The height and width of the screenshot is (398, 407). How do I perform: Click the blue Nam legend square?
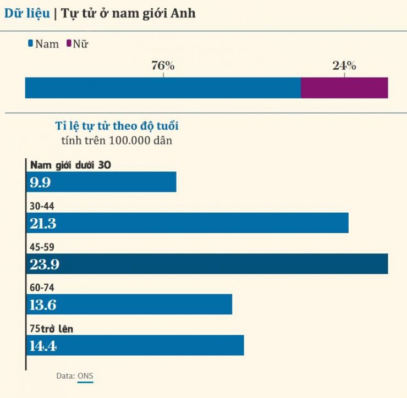pos(30,43)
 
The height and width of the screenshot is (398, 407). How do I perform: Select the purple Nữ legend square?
pos(68,43)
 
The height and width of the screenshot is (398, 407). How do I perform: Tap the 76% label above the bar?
pos(163,66)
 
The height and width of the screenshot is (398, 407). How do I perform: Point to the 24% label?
pos(344,66)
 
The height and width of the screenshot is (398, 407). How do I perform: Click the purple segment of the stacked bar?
pos(344,88)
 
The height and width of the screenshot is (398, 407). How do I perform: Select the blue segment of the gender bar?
pos(163,88)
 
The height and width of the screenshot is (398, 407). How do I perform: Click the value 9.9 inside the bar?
pos(40,183)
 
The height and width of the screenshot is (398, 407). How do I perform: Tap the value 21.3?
pos(43,223)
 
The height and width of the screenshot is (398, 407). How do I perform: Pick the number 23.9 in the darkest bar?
pos(44,264)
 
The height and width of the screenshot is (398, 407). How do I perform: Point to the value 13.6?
pos(43,305)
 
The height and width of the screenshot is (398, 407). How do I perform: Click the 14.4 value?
pos(43,346)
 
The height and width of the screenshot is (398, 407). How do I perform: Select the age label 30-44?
pos(42,206)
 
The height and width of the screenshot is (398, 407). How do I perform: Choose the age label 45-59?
pos(42,247)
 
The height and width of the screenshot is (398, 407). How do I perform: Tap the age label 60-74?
pos(42,288)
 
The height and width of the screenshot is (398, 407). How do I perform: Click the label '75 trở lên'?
pos(51,329)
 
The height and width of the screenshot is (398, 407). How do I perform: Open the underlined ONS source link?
pos(85,376)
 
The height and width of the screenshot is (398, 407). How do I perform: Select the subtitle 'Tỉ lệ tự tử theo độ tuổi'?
pos(117,126)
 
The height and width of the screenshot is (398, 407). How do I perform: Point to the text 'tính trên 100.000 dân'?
pos(117,140)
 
